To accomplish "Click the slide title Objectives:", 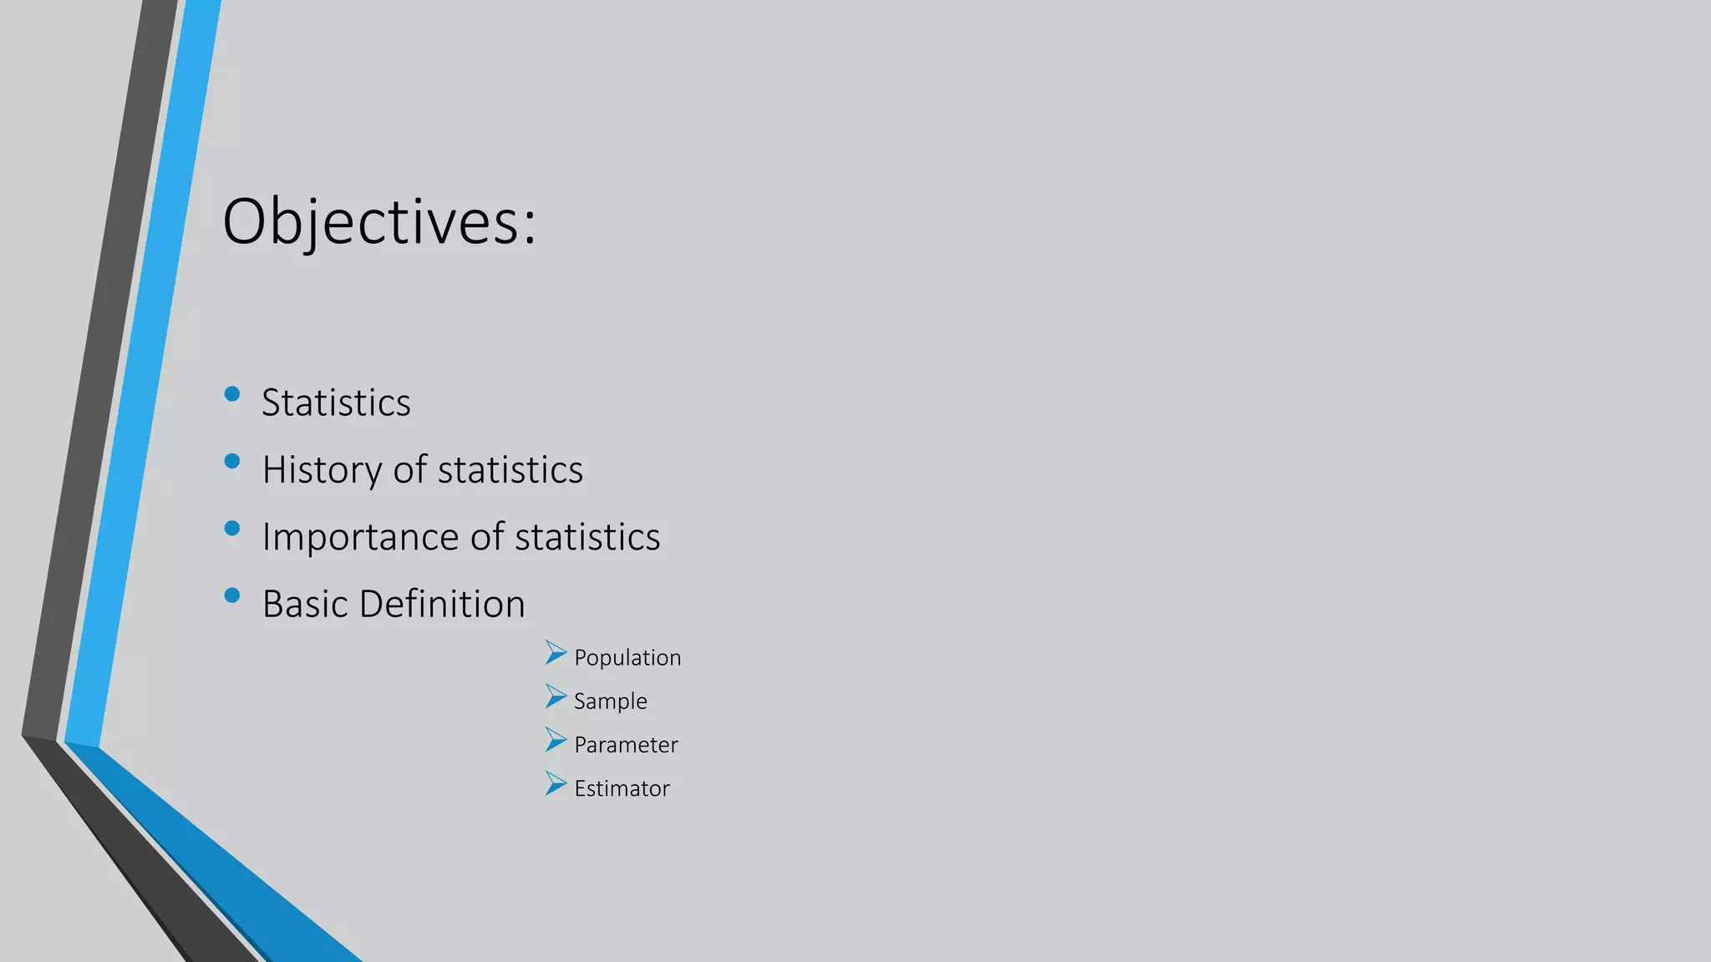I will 378,221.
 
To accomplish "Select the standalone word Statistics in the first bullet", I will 336,403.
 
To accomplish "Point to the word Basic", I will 304,604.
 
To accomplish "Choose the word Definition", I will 442,604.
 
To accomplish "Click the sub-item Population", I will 627,658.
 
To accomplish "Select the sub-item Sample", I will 610,701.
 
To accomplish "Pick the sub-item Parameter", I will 626,745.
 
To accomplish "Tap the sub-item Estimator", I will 622,788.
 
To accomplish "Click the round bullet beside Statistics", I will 232,393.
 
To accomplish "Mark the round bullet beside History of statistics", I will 232,461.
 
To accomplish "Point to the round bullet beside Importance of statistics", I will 232,528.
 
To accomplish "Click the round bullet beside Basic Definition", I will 232,595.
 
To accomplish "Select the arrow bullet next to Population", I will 556,652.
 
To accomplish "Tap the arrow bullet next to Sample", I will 556,696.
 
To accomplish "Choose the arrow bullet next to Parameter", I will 556,739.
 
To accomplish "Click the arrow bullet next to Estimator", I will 556,782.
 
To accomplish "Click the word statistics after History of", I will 510,470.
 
